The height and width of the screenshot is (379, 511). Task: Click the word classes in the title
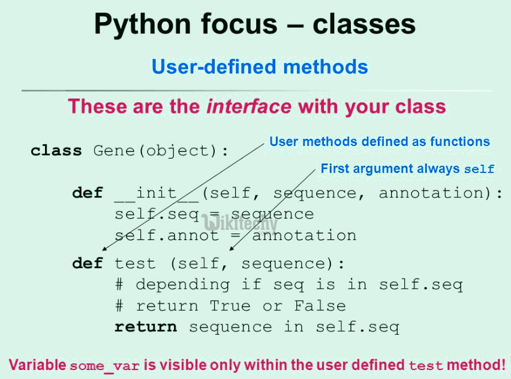364,25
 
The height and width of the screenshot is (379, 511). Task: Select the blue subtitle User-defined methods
260,66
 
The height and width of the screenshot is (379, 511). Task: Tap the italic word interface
249,107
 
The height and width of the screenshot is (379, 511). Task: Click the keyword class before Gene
57,150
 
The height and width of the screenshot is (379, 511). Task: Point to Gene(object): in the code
161,150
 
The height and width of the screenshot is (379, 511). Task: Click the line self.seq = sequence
214,214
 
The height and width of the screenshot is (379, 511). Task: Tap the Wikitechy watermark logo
240,224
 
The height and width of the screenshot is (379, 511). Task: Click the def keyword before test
88,263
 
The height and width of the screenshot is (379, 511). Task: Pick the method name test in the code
135,263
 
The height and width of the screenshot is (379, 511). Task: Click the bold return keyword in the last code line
145,327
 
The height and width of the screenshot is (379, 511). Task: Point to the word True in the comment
230,306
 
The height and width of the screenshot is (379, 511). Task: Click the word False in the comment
320,306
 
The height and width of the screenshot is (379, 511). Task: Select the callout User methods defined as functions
380,142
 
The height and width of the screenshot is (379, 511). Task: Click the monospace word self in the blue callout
479,169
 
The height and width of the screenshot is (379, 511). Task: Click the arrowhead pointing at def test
104,250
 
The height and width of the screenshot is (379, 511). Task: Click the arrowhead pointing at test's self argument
230,250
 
